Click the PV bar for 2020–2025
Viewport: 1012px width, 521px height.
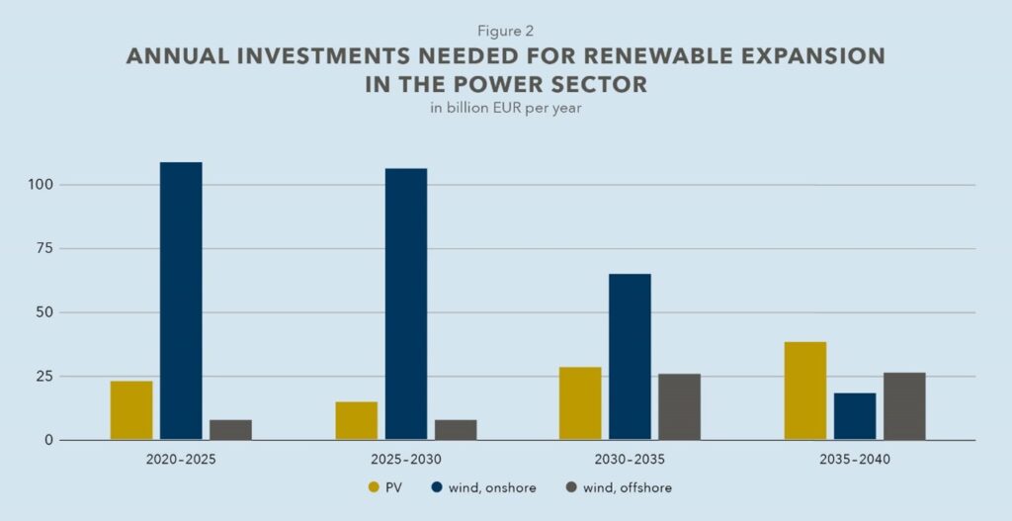(x=131, y=410)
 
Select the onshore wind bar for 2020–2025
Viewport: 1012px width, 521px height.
(x=181, y=302)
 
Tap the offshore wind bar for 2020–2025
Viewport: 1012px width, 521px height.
(x=230, y=430)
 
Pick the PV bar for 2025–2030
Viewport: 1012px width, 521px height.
(x=356, y=421)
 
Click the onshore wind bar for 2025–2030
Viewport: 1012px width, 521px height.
(x=406, y=304)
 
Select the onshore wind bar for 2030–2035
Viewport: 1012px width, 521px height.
(x=630, y=357)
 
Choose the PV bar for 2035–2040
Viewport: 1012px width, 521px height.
(x=805, y=391)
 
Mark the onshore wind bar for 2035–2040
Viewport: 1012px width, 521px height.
(x=855, y=416)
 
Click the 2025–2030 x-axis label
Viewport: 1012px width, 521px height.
(x=406, y=460)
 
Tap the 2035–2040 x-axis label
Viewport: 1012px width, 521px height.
(x=855, y=460)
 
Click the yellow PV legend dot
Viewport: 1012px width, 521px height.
(x=374, y=487)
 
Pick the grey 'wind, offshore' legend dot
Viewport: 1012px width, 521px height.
(x=571, y=487)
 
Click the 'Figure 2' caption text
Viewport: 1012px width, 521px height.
(x=505, y=32)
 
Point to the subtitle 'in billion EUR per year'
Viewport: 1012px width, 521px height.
(x=505, y=109)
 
